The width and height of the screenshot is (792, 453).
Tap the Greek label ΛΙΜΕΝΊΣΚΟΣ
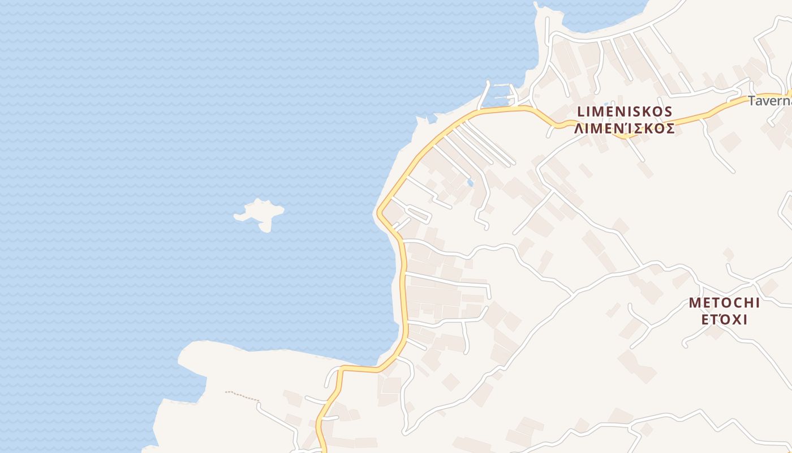[x=625, y=129]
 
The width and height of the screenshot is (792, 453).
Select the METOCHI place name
[x=724, y=303]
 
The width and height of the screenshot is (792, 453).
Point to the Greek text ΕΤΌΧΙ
[x=725, y=320]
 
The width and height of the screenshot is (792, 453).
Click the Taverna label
[x=769, y=101]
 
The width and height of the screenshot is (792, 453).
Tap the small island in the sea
[x=260, y=213]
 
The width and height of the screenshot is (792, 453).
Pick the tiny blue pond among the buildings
[x=470, y=183]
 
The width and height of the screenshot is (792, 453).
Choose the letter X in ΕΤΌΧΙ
[x=736, y=320]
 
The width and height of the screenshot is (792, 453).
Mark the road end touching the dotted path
[x=259, y=403]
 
